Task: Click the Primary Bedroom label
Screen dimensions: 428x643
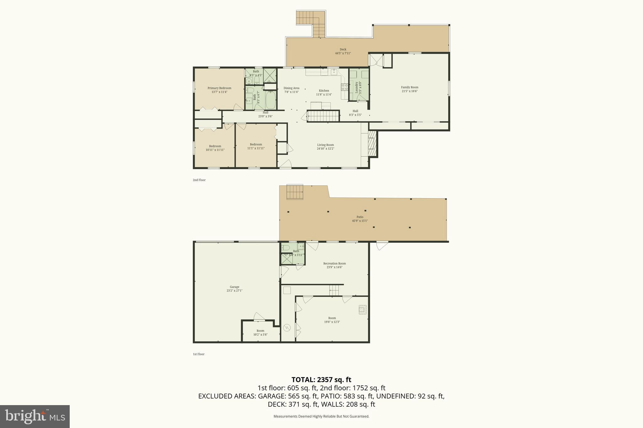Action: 219,88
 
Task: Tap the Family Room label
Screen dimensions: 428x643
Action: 409,87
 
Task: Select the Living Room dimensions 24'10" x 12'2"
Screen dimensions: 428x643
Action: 325,149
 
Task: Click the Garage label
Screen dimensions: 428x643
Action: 234,287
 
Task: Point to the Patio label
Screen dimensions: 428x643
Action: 360,217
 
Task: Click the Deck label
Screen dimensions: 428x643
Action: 343,50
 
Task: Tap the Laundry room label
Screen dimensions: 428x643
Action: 357,88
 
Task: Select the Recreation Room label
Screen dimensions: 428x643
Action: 334,263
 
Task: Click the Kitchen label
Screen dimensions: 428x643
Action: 324,91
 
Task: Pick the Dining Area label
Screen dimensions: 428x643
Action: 291,88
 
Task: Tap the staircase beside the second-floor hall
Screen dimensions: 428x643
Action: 323,116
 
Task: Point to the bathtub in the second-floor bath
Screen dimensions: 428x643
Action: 270,100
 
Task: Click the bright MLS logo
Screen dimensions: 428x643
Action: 35,416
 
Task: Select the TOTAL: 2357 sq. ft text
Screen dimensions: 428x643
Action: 321,380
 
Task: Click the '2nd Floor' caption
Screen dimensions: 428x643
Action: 199,180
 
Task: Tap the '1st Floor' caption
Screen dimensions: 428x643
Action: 198,354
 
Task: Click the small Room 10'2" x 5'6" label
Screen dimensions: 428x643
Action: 260,331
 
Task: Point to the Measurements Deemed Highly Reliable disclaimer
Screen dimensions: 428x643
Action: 321,417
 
